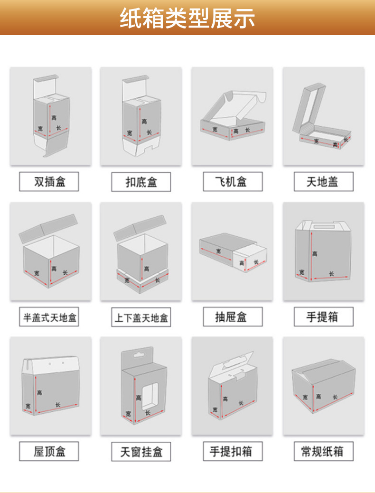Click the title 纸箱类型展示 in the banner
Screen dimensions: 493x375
[x=187, y=18]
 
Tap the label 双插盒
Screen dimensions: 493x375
[x=49, y=182]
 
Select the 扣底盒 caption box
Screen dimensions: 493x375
[x=141, y=182]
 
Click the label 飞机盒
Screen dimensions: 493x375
[x=232, y=182]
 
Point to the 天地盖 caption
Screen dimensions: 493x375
[x=323, y=182]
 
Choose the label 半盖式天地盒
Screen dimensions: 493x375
[x=49, y=317]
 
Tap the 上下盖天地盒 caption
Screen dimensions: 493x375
[x=141, y=317]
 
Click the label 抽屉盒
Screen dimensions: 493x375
[x=232, y=316]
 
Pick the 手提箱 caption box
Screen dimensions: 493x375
[x=323, y=316]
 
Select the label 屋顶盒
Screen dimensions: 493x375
[x=49, y=451]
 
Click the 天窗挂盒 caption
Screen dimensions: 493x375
[x=141, y=451]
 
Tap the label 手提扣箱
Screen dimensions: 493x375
[x=232, y=451]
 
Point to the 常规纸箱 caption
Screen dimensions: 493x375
[x=323, y=451]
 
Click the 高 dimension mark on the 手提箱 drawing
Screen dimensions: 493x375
[x=314, y=254]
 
